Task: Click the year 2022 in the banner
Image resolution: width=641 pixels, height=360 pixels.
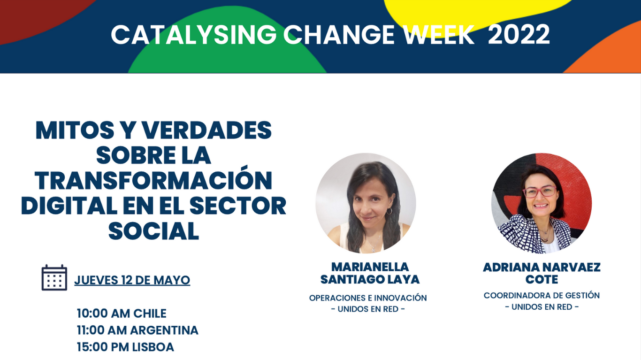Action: (519, 34)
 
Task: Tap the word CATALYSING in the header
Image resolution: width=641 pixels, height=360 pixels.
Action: (194, 35)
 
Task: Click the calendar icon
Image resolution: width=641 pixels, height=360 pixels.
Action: (54, 277)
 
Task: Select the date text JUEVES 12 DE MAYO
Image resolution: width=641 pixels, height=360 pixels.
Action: (132, 280)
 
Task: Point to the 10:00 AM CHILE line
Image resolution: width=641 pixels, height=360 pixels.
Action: (122, 314)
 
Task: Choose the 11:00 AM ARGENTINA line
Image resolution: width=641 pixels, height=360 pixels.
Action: (137, 330)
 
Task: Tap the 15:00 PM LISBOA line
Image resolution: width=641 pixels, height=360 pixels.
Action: (125, 347)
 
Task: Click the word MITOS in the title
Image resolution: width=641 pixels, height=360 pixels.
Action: (75, 130)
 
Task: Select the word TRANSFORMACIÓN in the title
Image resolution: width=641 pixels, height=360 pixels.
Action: (153, 181)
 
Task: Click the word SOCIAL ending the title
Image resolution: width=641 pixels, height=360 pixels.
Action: (153, 231)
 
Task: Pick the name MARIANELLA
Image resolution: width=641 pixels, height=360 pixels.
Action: (370, 267)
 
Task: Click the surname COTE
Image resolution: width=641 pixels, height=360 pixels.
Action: (542, 279)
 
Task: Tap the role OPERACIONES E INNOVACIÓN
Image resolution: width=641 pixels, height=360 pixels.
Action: (368, 298)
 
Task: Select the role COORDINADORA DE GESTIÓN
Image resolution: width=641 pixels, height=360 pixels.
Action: (542, 295)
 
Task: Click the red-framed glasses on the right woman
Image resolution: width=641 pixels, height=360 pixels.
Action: (540, 191)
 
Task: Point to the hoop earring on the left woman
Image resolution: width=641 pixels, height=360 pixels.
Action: (389, 212)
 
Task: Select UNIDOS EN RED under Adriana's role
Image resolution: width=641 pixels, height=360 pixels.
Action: (542, 307)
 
